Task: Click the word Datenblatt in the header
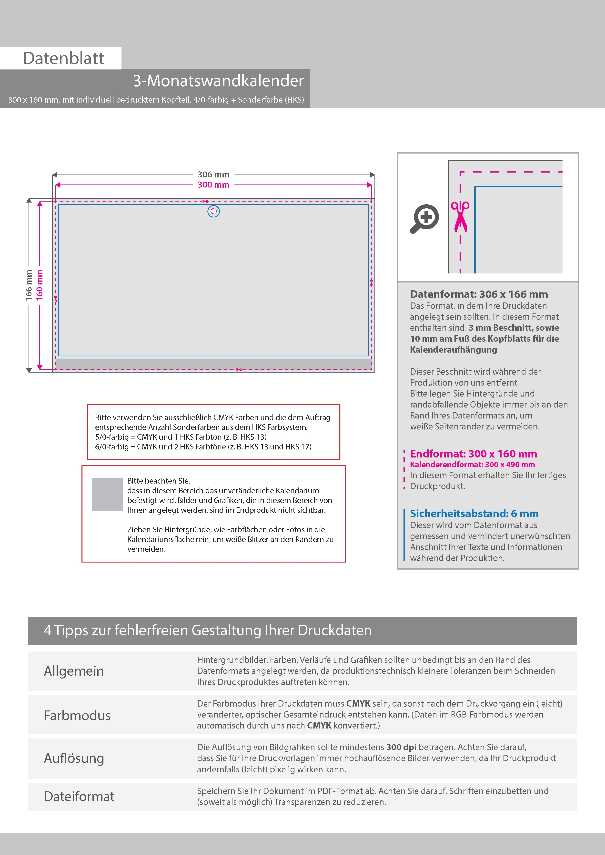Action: (x=63, y=58)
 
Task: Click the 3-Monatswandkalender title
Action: (x=218, y=81)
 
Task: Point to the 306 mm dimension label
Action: (x=213, y=174)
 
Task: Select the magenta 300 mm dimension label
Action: (x=213, y=185)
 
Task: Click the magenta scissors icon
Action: (x=460, y=217)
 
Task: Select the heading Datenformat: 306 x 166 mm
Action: (x=479, y=294)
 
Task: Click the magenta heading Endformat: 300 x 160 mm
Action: (x=474, y=454)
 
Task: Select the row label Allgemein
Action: (x=74, y=671)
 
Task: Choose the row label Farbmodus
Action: (x=77, y=715)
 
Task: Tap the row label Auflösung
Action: (x=74, y=758)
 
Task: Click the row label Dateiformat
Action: (x=79, y=797)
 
